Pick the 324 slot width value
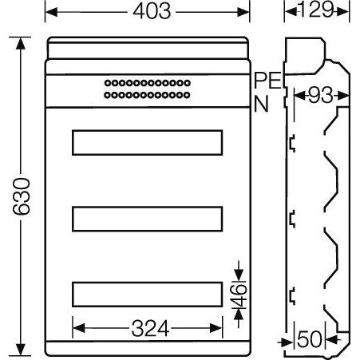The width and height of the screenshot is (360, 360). tap(148, 327)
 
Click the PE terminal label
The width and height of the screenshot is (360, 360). tap(267, 80)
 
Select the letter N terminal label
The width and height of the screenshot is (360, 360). tap(260, 102)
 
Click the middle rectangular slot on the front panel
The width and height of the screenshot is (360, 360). tap(148, 218)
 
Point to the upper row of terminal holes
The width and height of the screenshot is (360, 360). tap(148, 83)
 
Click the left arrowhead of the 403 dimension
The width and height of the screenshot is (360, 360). tap(50, 12)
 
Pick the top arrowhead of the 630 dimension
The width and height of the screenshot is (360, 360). tap(22, 41)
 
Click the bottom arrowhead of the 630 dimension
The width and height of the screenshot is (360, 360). tap(22, 350)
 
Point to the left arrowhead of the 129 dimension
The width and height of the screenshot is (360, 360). tap(288, 12)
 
